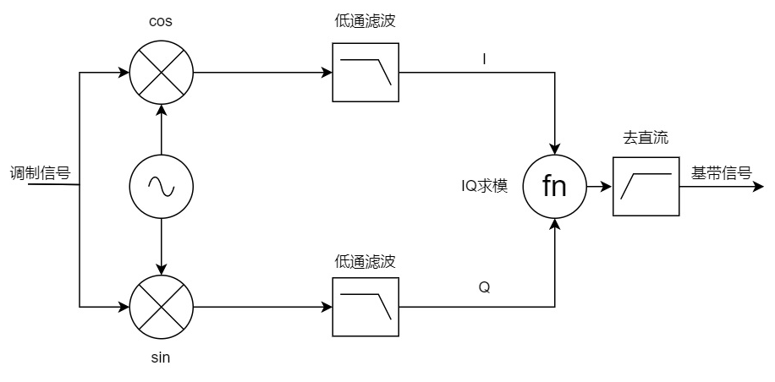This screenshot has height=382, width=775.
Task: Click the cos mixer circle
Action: pos(161,72)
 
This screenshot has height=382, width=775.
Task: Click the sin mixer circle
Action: pos(161,305)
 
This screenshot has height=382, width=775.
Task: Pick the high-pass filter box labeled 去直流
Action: pos(646,187)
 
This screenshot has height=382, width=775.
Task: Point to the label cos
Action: pos(161,22)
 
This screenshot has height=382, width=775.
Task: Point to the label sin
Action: pos(161,357)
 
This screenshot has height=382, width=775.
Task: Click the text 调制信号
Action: pos(39,173)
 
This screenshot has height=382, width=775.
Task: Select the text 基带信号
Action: pos(722,173)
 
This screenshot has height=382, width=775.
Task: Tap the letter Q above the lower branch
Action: pos(484,287)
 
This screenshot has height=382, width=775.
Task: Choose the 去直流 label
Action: pos(646,138)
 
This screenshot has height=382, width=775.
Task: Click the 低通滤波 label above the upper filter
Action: pos(366,22)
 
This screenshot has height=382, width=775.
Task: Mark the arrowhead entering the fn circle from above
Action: pos(554,148)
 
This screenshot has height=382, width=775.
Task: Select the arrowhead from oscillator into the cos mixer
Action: pos(161,111)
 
